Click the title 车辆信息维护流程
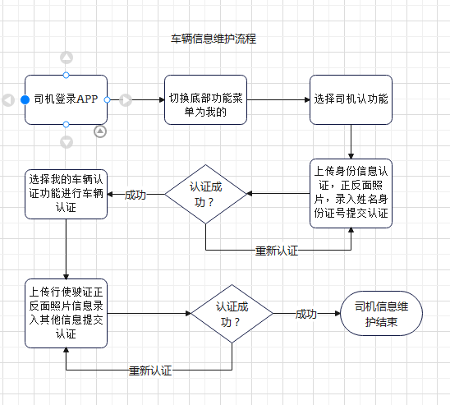click(x=213, y=39)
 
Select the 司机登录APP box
click(x=66, y=99)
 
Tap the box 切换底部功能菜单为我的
click(x=205, y=99)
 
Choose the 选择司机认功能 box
click(x=351, y=99)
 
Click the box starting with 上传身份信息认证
click(x=351, y=193)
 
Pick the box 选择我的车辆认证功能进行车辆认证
click(x=66, y=194)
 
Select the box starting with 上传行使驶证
click(x=66, y=313)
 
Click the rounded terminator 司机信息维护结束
click(x=381, y=313)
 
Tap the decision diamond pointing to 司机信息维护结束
click(x=232, y=313)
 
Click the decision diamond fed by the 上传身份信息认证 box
click(x=205, y=194)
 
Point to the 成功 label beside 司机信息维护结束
click(x=306, y=314)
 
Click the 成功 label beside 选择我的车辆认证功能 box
click(x=135, y=195)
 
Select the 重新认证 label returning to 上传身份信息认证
click(x=277, y=250)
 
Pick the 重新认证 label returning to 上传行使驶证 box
click(x=150, y=370)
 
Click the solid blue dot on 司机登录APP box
click(x=25, y=99)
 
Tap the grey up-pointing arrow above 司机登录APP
click(x=67, y=58)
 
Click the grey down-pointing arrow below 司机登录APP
click(x=67, y=142)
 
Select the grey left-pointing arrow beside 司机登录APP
click(x=8, y=99)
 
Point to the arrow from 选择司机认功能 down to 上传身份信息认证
click(x=351, y=141)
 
